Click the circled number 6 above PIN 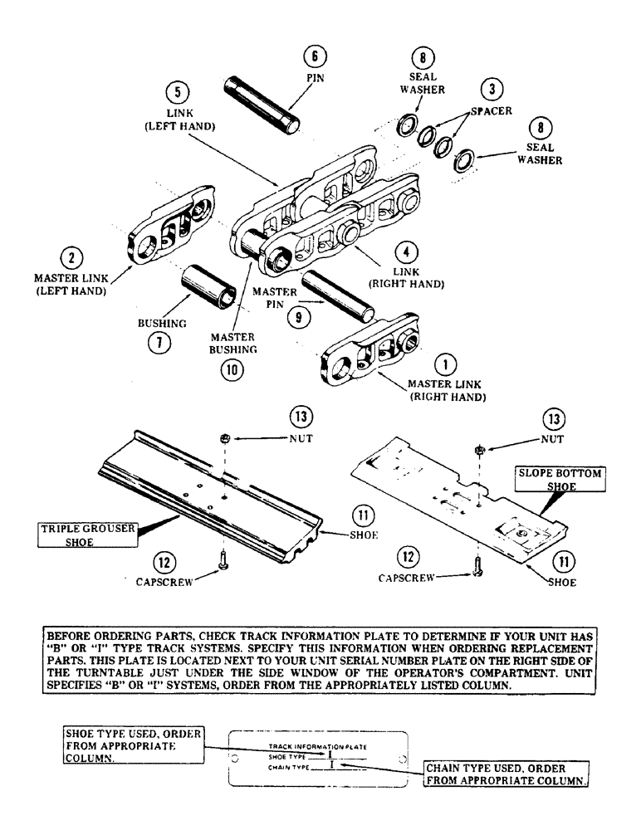point(315,57)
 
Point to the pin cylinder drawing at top point(259,106)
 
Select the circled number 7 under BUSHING point(154,342)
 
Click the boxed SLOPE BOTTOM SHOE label point(560,479)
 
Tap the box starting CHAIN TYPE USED point(506,774)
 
